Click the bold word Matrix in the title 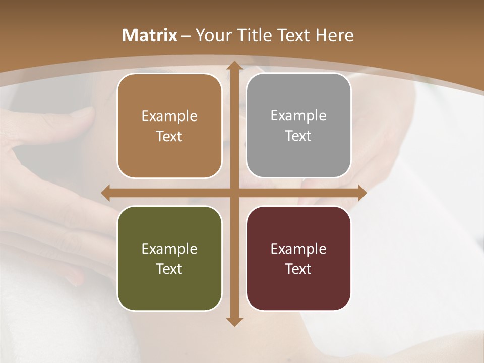[x=150, y=35]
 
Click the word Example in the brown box [x=169, y=116]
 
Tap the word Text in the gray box [x=298, y=136]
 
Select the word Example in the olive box [x=169, y=249]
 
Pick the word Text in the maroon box [x=298, y=269]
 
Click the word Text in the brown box [x=169, y=137]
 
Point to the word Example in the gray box [x=298, y=116]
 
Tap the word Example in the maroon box [x=298, y=249]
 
